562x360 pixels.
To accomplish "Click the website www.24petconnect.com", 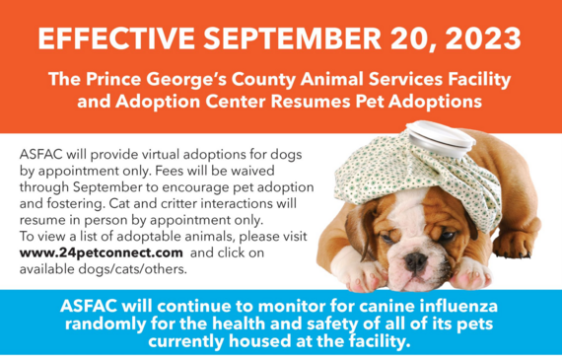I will (x=86, y=253).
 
